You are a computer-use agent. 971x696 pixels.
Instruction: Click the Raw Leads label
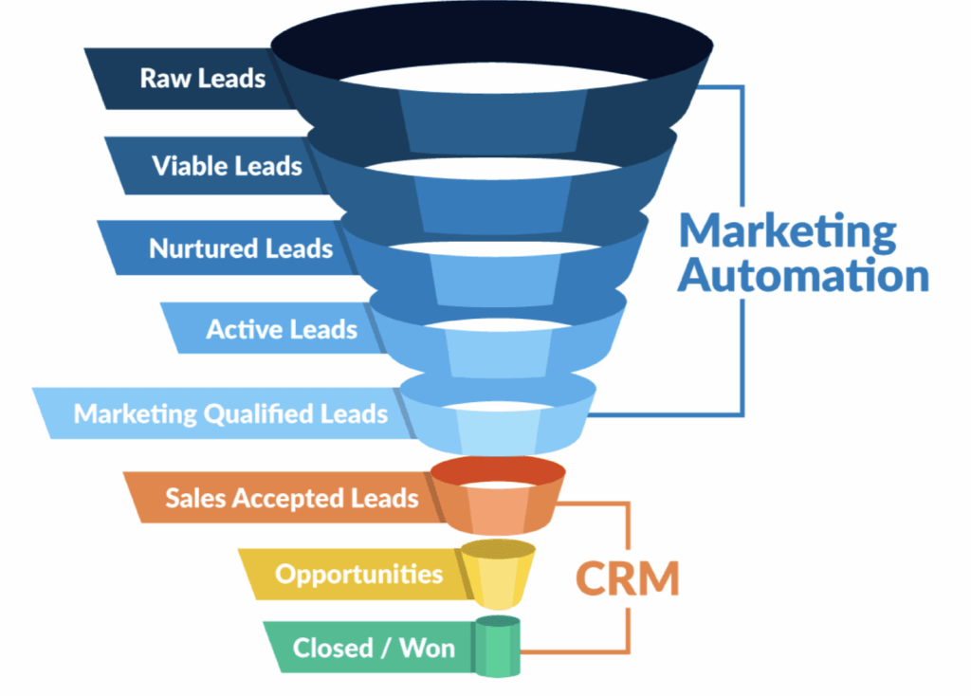click(x=203, y=79)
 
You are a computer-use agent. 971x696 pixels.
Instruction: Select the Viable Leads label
click(x=227, y=166)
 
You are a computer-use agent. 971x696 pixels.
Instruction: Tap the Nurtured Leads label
click(x=241, y=248)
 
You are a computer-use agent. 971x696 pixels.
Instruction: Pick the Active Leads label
click(x=282, y=329)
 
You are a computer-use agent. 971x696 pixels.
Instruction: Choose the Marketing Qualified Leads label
click(x=230, y=413)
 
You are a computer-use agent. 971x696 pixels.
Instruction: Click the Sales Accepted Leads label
click(x=292, y=498)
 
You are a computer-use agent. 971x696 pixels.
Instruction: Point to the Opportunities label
click(x=359, y=575)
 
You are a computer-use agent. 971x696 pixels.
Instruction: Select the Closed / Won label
click(x=374, y=649)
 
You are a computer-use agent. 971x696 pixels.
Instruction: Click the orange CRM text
click(x=628, y=578)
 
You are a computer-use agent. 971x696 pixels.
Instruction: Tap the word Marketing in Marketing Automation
click(x=788, y=232)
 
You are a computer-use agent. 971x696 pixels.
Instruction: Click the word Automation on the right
click(x=803, y=275)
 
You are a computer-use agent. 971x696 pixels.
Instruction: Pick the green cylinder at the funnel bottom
click(x=497, y=647)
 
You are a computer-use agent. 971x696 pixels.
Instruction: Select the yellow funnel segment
click(x=498, y=574)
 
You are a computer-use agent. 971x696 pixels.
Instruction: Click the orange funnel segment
click(x=498, y=495)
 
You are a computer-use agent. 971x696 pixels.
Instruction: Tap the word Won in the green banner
click(x=428, y=649)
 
